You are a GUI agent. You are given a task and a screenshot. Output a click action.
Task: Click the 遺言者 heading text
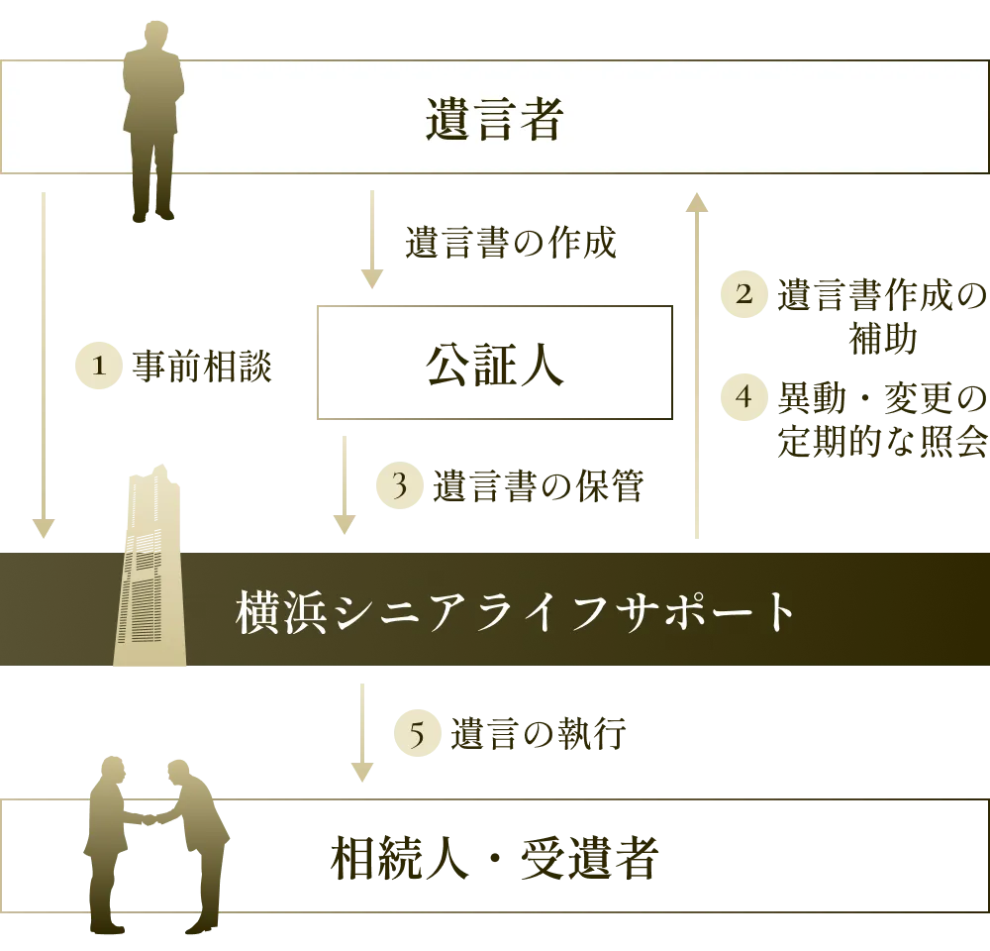494,119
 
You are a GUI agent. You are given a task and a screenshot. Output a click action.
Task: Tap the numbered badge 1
97,367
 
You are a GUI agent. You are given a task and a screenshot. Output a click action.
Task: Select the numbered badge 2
745,294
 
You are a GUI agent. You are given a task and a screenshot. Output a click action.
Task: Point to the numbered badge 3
399,485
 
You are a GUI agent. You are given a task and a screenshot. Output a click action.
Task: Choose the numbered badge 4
745,396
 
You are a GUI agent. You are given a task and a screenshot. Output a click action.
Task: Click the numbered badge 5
418,735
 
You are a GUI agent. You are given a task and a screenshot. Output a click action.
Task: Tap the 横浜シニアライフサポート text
515,612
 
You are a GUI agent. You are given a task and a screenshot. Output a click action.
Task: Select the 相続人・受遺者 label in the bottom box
492,859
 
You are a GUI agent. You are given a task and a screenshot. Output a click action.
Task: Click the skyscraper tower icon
151,575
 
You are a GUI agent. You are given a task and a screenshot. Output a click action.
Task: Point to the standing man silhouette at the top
151,119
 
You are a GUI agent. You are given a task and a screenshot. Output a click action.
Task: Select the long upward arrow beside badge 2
697,367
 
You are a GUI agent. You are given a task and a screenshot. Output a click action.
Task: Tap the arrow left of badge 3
345,487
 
